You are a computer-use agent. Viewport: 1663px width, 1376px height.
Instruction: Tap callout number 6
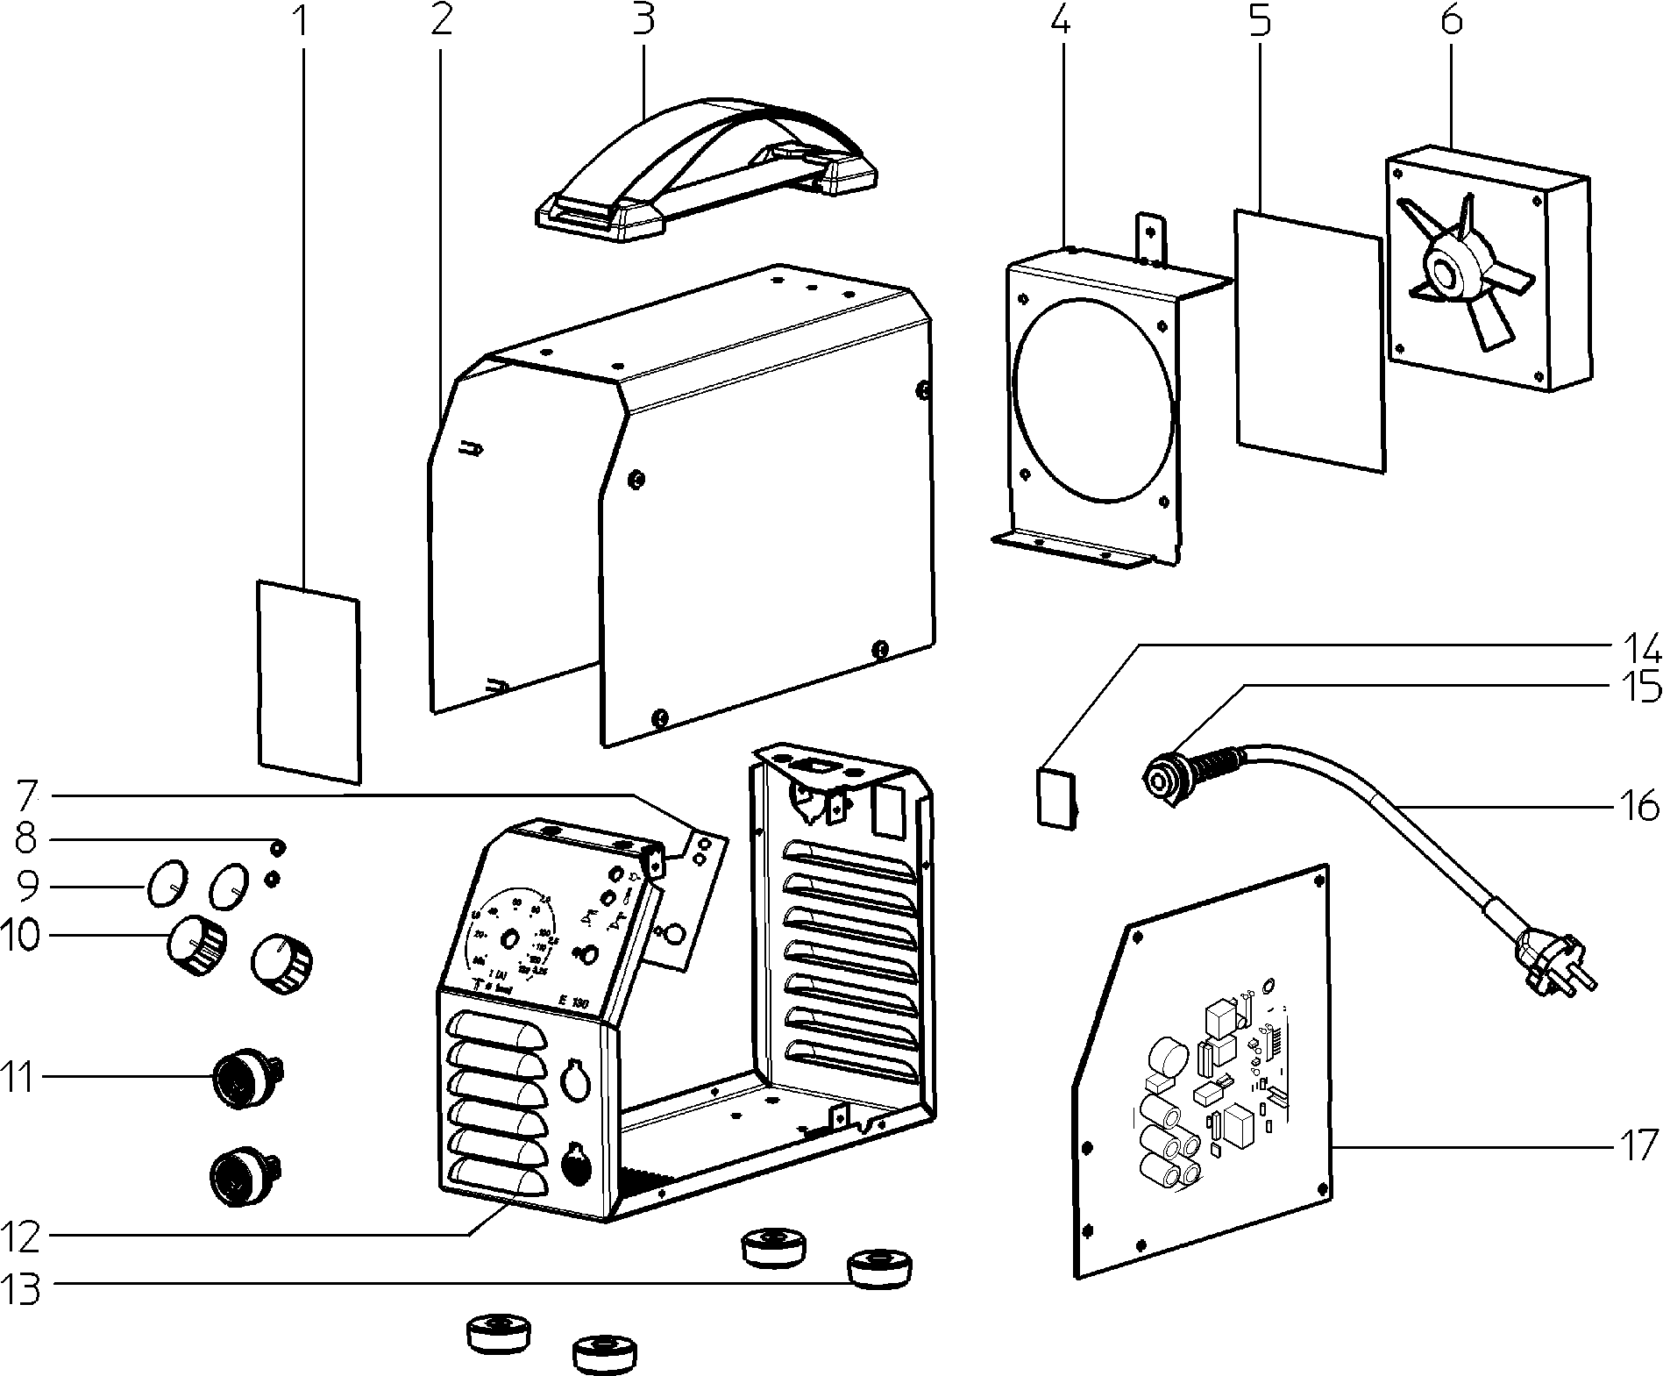(x=1452, y=19)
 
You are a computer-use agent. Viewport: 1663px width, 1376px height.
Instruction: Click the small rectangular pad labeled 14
(x=1055, y=796)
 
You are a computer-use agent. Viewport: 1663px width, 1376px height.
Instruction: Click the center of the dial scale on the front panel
(x=507, y=938)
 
